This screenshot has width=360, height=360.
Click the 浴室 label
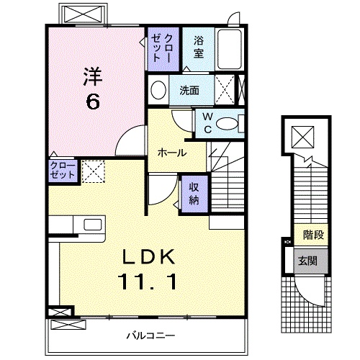click(198, 48)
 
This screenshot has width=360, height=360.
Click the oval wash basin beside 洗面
click(158, 91)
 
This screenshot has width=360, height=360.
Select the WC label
click(207, 122)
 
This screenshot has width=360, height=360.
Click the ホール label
click(173, 153)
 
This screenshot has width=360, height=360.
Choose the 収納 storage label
click(194, 193)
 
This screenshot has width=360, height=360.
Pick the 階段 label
click(312, 234)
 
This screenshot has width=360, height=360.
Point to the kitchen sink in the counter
click(94, 225)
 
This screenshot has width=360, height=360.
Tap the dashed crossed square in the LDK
click(93, 171)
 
